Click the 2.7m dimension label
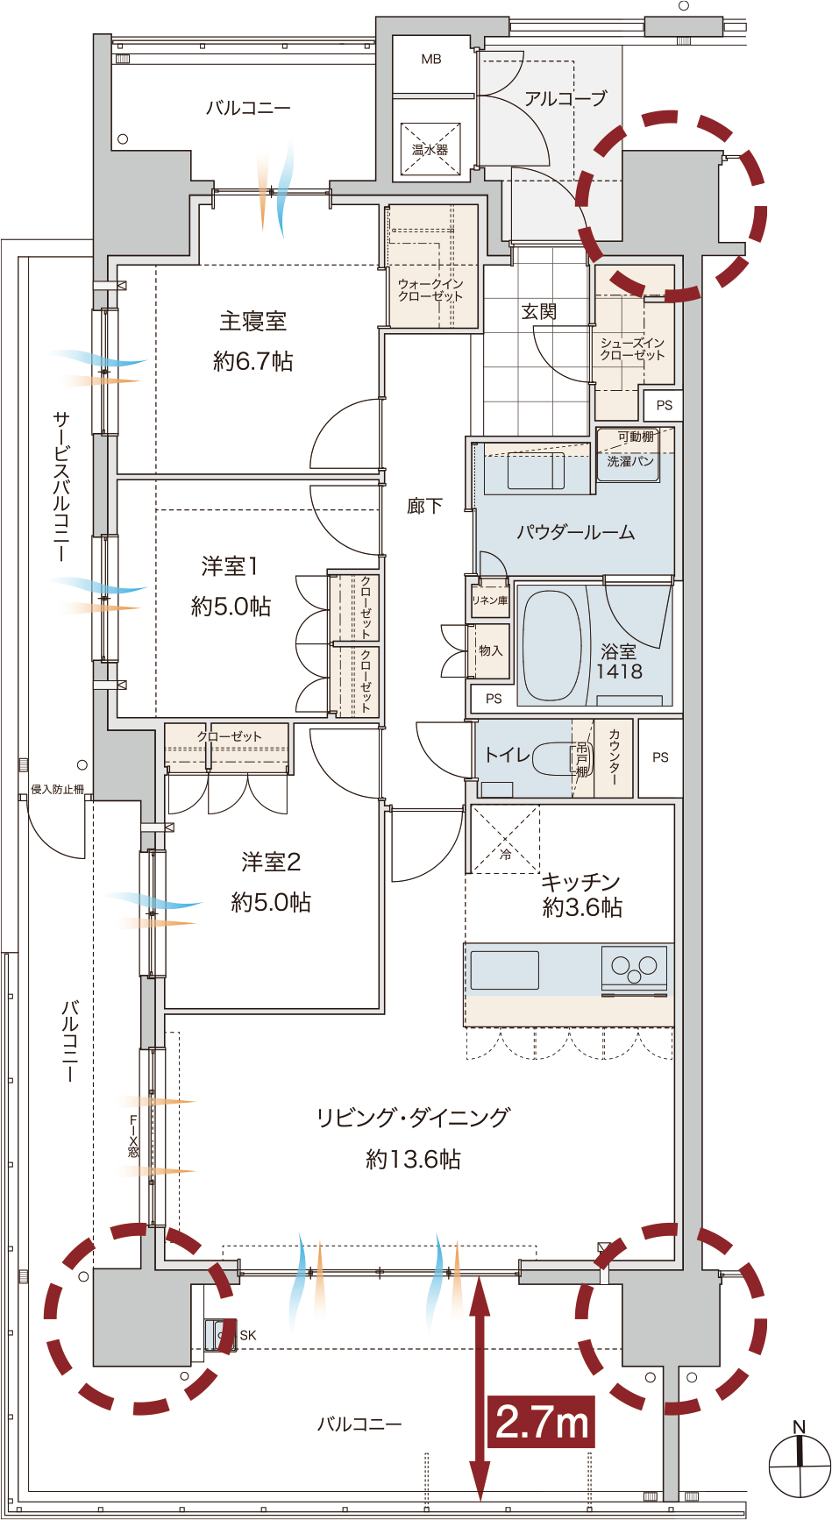pyautogui.click(x=542, y=1421)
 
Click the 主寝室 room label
pyautogui.click(x=252, y=322)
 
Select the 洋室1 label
pyautogui.click(x=230, y=566)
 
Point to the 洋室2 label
pyautogui.click(x=271, y=863)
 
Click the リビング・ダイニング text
pyautogui.click(x=413, y=1118)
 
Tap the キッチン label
pyautogui.click(x=580, y=881)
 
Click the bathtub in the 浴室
pyautogui.click(x=552, y=644)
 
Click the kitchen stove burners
pyautogui.click(x=634, y=967)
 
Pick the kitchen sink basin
pyautogui.click(x=505, y=970)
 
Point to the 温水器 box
pyautogui.click(x=430, y=150)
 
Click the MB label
pyautogui.click(x=431, y=60)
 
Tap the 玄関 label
pyautogui.click(x=539, y=311)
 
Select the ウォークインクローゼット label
pyautogui.click(x=430, y=290)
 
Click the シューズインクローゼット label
pyautogui.click(x=633, y=349)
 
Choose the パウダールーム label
pyautogui.click(x=575, y=532)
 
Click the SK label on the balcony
pyautogui.click(x=248, y=1335)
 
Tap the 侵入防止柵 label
pyautogui.click(x=58, y=789)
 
